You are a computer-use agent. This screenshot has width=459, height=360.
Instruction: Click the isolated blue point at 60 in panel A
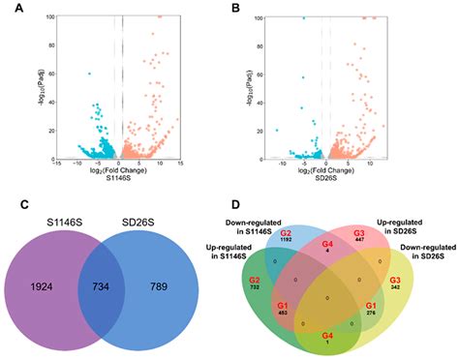pyautogui.click(x=89, y=74)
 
